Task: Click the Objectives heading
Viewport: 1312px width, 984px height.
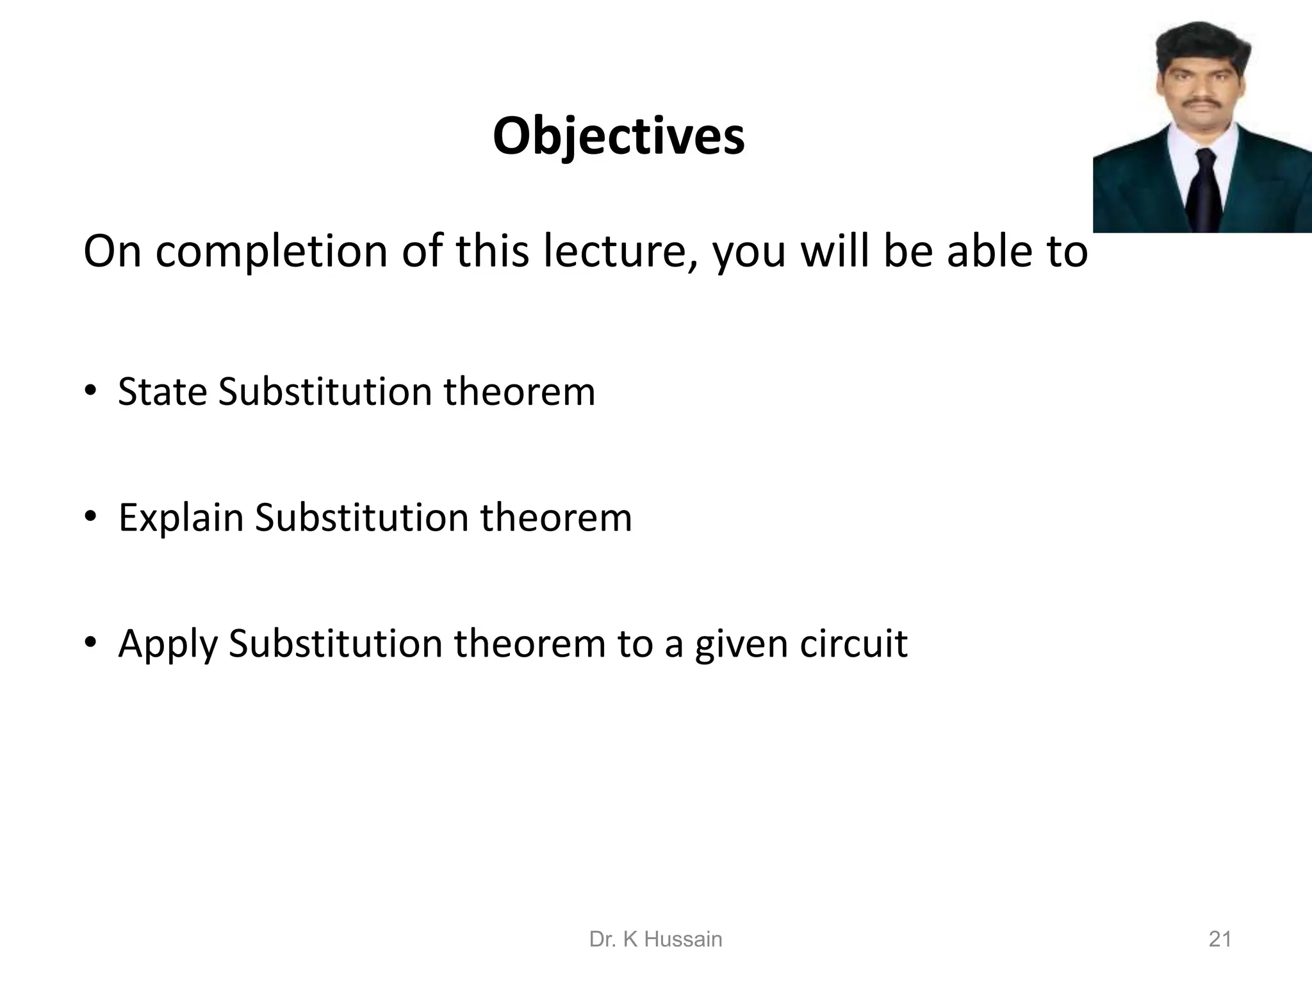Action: tap(618, 136)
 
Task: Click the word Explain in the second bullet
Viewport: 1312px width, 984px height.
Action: tap(181, 518)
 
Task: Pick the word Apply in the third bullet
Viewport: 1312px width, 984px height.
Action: tap(168, 644)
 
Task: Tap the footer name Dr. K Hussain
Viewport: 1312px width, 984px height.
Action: tap(655, 939)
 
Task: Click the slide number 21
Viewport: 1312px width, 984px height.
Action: tap(1220, 939)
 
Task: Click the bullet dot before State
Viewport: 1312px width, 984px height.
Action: tap(91, 390)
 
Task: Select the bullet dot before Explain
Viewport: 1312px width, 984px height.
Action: tap(91, 516)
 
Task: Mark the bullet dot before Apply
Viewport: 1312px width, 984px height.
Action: tap(91, 643)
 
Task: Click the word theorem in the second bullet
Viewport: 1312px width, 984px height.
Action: tap(556, 518)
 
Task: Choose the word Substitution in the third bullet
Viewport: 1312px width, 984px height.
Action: tap(335, 643)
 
